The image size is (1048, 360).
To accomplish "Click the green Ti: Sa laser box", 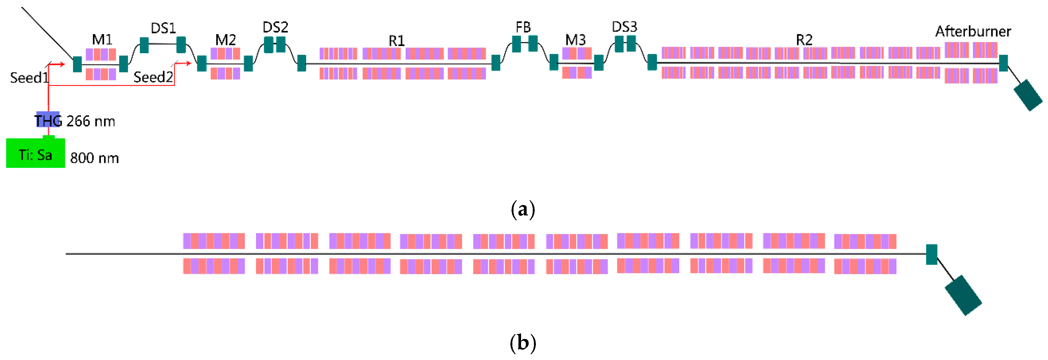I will [35, 153].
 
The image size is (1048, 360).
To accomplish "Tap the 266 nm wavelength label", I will [91, 121].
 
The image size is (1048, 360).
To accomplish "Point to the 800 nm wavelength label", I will [94, 158].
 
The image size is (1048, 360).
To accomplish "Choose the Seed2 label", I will [153, 77].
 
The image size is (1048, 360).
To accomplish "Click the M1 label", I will [102, 39].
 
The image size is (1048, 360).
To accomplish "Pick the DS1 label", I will [163, 28].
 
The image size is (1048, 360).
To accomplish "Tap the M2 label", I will [225, 40].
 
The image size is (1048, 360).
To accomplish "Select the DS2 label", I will [276, 27].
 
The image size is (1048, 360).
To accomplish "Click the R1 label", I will [397, 41].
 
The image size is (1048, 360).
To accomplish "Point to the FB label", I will [523, 27].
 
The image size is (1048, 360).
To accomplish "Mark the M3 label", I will [575, 40].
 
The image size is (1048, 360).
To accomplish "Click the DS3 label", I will [625, 27].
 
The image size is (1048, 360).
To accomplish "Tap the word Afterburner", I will [973, 31].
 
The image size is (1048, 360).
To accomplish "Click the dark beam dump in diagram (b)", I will [963, 295].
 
